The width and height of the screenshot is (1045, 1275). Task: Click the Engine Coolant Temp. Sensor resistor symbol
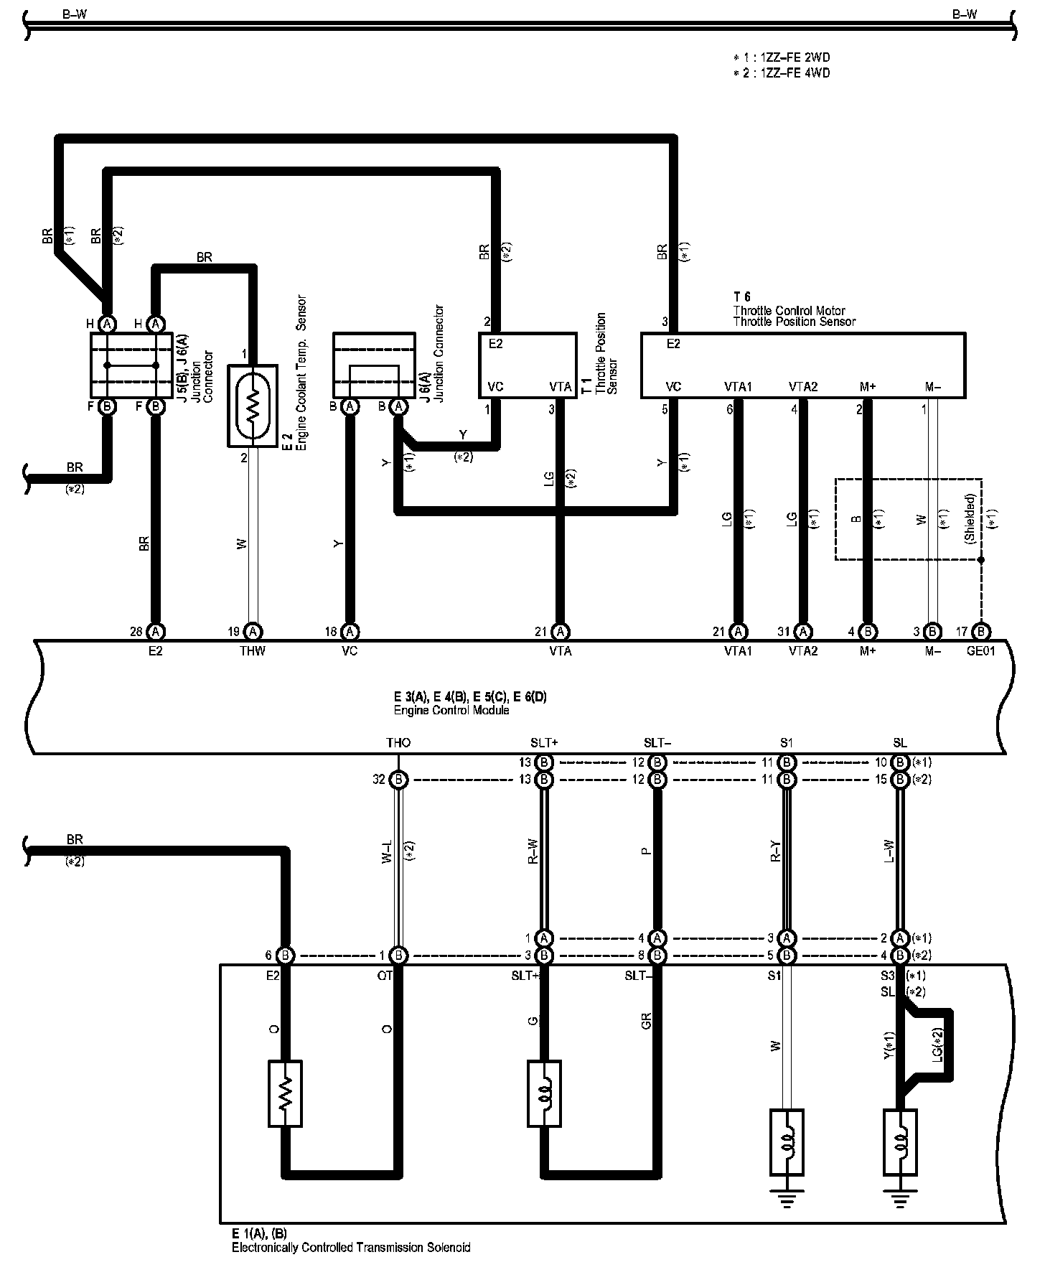tap(252, 406)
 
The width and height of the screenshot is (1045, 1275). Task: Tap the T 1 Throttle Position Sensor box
tap(528, 365)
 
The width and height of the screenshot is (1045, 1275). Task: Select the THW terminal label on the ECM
tap(253, 651)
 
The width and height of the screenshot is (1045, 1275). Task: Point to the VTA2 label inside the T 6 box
tap(802, 387)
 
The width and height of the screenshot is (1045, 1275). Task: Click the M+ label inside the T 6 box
tap(867, 387)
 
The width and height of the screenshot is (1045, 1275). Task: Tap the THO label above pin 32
tap(398, 743)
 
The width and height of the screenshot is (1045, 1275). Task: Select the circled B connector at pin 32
tap(398, 780)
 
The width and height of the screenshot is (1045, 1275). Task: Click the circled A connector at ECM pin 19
tap(253, 632)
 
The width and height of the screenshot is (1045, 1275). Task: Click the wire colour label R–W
tap(533, 852)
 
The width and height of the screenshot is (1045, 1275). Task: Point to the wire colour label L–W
tap(890, 852)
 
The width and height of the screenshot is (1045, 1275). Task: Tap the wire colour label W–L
tap(388, 852)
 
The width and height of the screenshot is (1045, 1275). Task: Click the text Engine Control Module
tap(451, 711)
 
